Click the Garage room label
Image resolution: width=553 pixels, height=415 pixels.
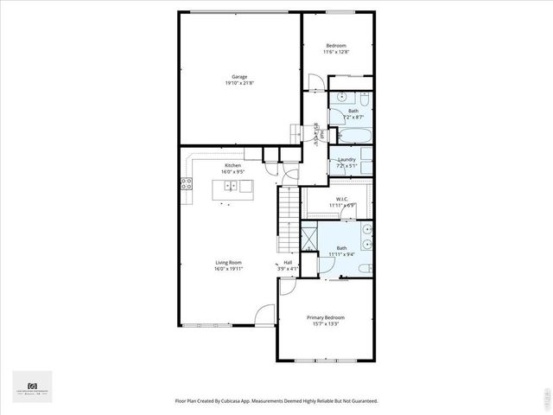pos(227,76)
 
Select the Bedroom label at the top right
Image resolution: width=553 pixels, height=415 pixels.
pos(336,45)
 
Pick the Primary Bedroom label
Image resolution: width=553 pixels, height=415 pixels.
pos(326,317)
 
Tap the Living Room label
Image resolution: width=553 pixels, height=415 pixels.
pos(229,262)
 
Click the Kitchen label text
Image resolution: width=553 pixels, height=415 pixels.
pos(233,165)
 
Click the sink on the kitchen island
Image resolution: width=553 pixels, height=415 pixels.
pos(233,185)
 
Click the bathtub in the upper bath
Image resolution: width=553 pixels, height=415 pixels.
pos(354,136)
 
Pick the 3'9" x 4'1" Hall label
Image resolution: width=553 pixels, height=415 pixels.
pos(288,265)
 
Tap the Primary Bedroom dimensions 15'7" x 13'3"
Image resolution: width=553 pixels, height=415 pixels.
pos(326,324)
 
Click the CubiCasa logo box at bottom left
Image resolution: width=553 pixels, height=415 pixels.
pos(33,386)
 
